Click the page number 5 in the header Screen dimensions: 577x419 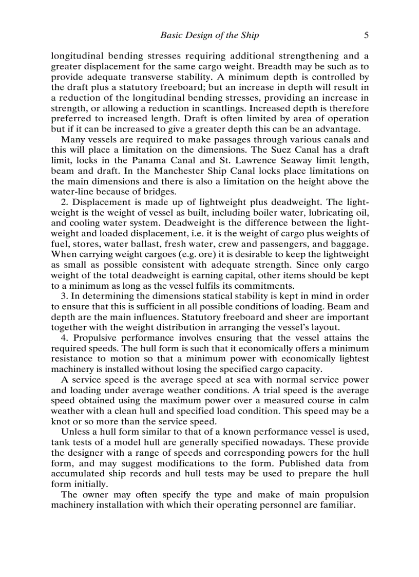[366, 35]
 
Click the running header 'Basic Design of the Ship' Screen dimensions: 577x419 [209, 35]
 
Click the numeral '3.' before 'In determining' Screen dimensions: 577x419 [65, 296]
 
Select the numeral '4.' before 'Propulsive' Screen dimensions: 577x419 [65, 338]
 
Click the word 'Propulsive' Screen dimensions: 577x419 [96, 338]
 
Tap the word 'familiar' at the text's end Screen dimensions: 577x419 [337, 505]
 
